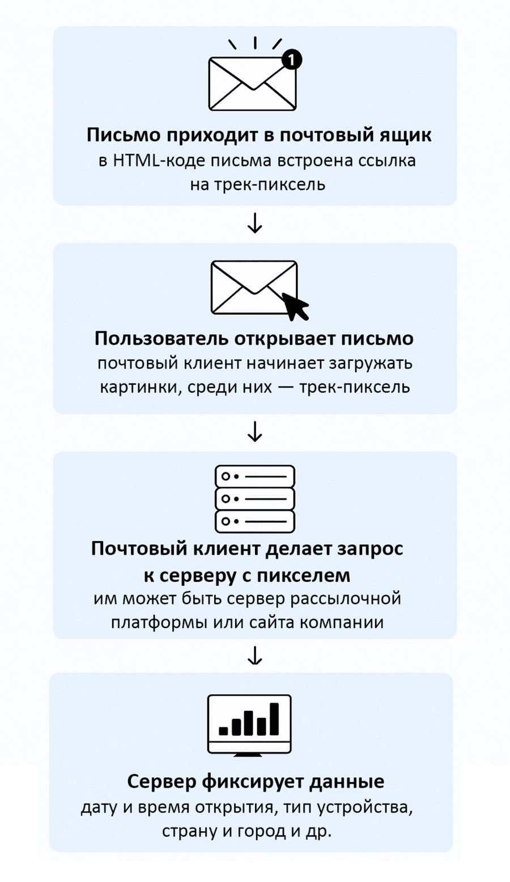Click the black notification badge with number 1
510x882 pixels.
[291, 60]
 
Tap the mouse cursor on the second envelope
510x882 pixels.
[296, 306]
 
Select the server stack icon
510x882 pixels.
[255, 499]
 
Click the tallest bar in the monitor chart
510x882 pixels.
[274, 719]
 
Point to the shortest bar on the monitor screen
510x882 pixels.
[223, 731]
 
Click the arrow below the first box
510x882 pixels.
[255, 223]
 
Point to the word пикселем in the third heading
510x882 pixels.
[304, 576]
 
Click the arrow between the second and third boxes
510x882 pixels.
[255, 432]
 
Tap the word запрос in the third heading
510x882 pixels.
[370, 549]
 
